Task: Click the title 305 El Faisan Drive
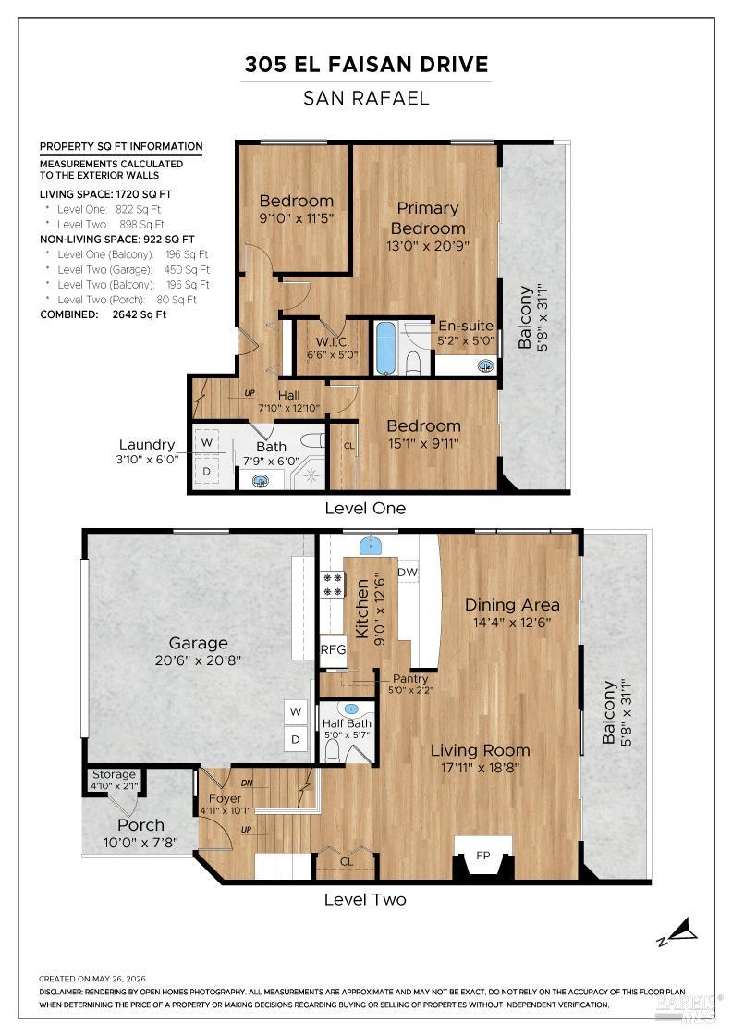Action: [366, 64]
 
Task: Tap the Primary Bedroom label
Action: [428, 218]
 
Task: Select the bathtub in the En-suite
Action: [384, 348]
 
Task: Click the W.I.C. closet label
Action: [332, 341]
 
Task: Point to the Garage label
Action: [198, 643]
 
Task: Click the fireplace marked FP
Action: [483, 857]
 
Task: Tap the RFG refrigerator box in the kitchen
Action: [333, 649]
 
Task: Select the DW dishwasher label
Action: [408, 573]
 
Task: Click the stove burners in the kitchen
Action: [333, 584]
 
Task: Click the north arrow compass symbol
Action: [677, 931]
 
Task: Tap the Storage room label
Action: [114, 774]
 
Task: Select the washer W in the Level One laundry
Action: [207, 442]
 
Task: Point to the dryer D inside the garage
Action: [296, 739]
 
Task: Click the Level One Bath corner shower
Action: [311, 473]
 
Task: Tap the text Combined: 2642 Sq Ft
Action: [103, 314]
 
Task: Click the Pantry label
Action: [409, 679]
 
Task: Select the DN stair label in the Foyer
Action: [247, 783]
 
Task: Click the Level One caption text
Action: [365, 508]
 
